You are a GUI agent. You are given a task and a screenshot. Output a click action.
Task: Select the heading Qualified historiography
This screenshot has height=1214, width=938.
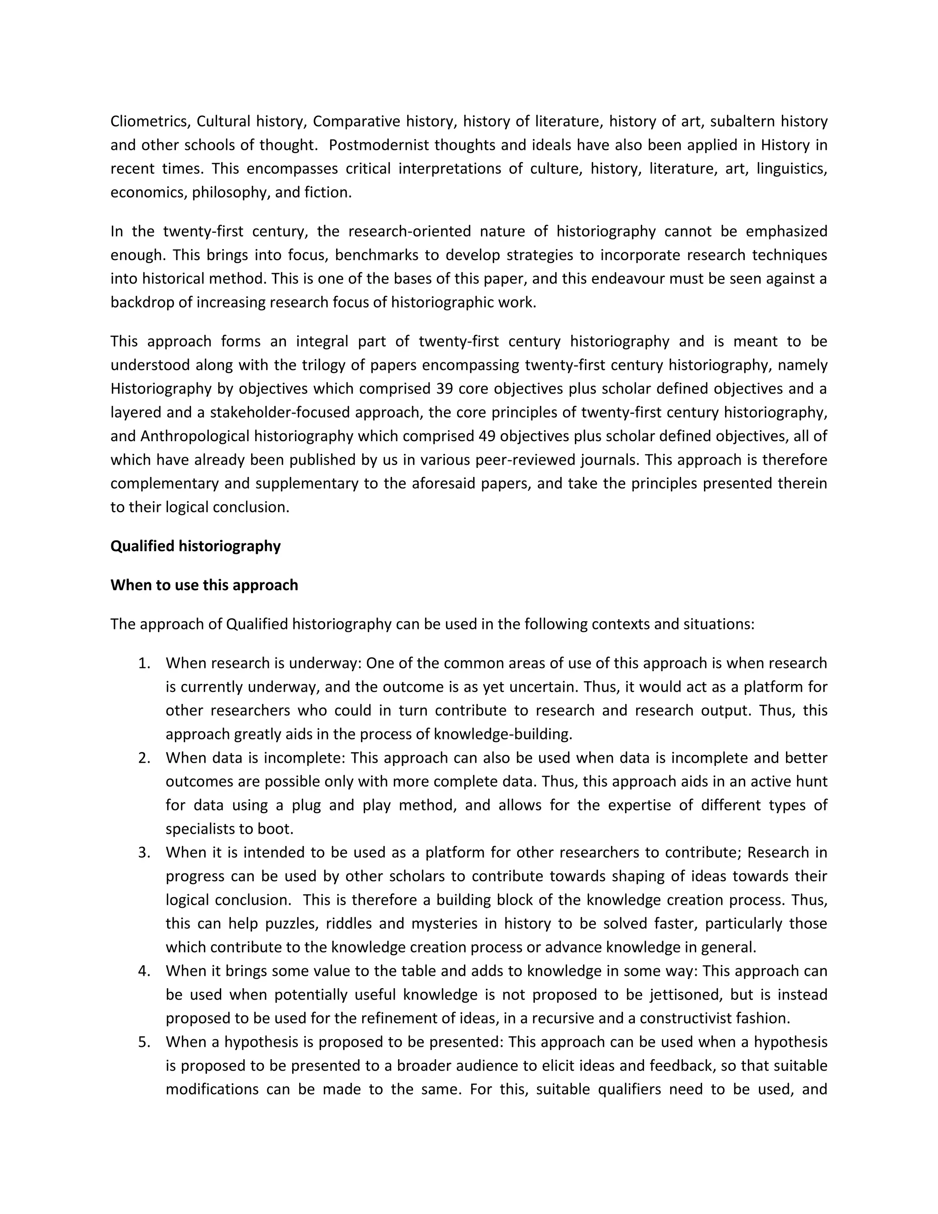pyautogui.click(x=196, y=546)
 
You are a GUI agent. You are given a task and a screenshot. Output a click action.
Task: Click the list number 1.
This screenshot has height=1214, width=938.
pyautogui.click(x=144, y=663)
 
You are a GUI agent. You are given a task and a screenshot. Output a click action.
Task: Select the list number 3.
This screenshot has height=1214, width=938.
pyautogui.click(x=144, y=852)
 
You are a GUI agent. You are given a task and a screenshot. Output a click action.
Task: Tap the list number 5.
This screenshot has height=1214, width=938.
pyautogui.click(x=144, y=1042)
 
